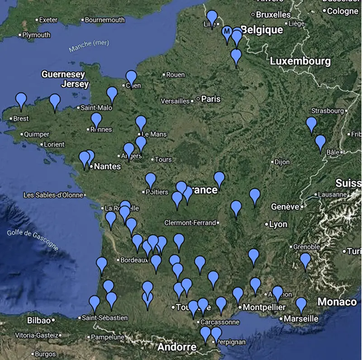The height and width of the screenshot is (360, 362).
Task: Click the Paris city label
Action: coord(210,99)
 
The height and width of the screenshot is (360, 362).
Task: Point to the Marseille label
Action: coord(301,318)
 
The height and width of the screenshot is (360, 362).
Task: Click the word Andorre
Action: coord(176,347)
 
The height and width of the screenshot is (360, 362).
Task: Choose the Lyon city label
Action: coord(278,224)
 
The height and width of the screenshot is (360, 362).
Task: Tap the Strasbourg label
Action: coord(328,111)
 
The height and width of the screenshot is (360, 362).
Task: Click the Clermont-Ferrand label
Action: coord(190,223)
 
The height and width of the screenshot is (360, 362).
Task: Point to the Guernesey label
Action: coord(63,74)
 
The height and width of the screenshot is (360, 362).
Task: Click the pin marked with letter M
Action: coord(227,32)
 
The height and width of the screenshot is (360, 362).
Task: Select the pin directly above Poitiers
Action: coord(151,180)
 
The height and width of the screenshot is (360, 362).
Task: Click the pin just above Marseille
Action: coord(301,304)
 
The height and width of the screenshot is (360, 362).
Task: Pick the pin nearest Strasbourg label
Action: coord(311,123)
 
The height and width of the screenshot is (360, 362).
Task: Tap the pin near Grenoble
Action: coord(305,260)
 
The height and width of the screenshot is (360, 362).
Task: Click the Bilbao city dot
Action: coord(53,320)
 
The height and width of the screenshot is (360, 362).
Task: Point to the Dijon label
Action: coord(281,161)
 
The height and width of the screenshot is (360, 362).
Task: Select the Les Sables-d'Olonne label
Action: coord(53,195)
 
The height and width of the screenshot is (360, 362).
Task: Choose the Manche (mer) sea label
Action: coord(86,46)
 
